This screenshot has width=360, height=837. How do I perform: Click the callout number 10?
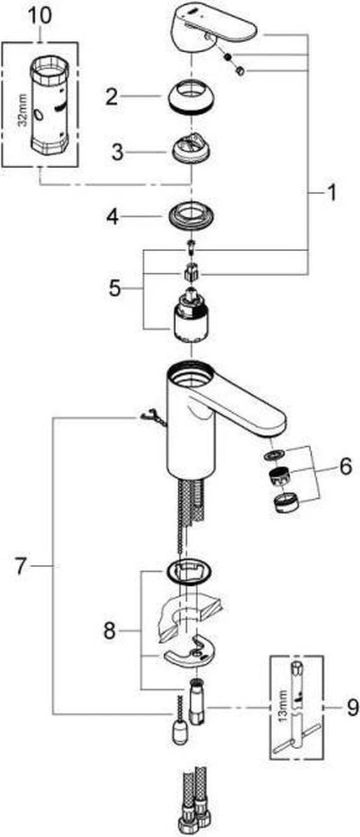tap(40, 17)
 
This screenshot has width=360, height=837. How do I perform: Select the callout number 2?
tap(112, 96)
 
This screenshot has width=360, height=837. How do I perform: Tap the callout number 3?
tap(118, 152)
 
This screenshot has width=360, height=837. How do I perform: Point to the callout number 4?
tap(112, 217)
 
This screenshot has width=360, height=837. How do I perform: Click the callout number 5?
tap(115, 288)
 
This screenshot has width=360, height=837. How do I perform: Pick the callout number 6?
tap(346, 466)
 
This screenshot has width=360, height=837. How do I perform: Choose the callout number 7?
tap(21, 566)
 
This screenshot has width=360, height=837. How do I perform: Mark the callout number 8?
tap(110, 631)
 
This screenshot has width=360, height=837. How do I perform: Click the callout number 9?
tap(352, 708)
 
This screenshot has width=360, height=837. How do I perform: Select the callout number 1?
tap(331, 193)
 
